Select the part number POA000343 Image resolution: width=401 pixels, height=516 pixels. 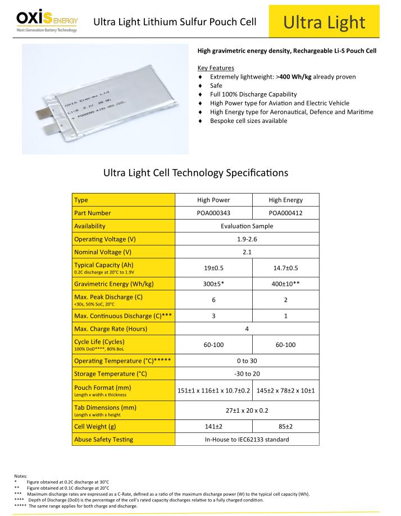pyautogui.click(x=213, y=213)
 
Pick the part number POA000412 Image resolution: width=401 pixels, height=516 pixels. pyautogui.click(x=285, y=213)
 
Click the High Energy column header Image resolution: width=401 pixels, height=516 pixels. pyautogui.click(x=285, y=200)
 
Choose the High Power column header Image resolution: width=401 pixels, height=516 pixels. pyautogui.click(x=213, y=200)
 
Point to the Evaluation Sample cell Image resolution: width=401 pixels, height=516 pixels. pyautogui.click(x=247, y=226)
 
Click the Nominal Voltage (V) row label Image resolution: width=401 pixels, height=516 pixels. pyautogui.click(x=103, y=252)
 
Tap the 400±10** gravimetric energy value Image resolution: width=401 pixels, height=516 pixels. pyautogui.click(x=285, y=284)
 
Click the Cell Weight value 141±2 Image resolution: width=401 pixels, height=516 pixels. pyautogui.click(x=213, y=427)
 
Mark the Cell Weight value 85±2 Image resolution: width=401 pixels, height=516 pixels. pyautogui.click(x=285, y=427)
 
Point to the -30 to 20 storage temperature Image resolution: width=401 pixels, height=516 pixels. pyautogui.click(x=247, y=373)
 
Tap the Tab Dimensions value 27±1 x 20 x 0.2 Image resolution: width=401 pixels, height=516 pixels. pyautogui.click(x=247, y=410)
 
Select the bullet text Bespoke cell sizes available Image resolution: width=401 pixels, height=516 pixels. pyautogui.click(x=248, y=121)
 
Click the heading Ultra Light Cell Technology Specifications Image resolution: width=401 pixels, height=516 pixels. pyautogui.click(x=196, y=173)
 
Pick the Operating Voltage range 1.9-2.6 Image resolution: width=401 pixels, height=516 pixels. pyautogui.click(x=247, y=239)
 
